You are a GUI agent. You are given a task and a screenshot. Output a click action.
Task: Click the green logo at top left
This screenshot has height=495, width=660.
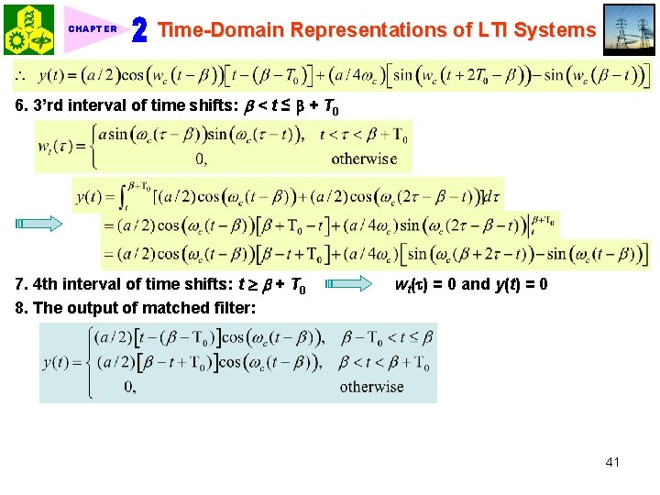(28, 29)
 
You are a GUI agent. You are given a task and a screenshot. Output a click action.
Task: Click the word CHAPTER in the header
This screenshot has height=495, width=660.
(93, 29)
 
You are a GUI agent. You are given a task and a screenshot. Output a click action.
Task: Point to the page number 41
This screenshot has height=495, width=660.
(612, 462)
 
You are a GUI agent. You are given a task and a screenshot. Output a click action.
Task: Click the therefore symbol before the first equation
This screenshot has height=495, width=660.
(19, 75)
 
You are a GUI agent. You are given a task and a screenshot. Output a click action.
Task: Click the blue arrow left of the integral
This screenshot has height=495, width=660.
(39, 223)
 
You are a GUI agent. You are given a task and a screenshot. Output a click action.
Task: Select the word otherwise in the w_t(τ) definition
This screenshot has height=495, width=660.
(364, 159)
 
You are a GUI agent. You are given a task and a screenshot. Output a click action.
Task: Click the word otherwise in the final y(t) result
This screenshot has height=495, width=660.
(371, 387)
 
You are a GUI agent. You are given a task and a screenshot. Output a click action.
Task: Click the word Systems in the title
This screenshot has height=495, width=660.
(555, 29)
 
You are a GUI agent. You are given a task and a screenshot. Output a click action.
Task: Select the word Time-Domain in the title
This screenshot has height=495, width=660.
(222, 29)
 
